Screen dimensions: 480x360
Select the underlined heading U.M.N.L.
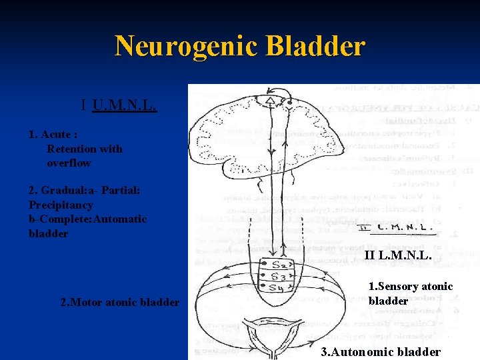click(125, 105)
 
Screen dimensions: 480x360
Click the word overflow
click(69, 163)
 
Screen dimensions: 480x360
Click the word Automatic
click(119, 219)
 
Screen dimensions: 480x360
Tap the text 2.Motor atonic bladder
click(120, 302)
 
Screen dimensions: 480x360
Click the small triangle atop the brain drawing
click(269, 101)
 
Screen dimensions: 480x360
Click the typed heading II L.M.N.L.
click(399, 255)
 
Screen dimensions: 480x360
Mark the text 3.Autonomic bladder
click(381, 351)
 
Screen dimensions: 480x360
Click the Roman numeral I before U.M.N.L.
click(83, 105)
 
